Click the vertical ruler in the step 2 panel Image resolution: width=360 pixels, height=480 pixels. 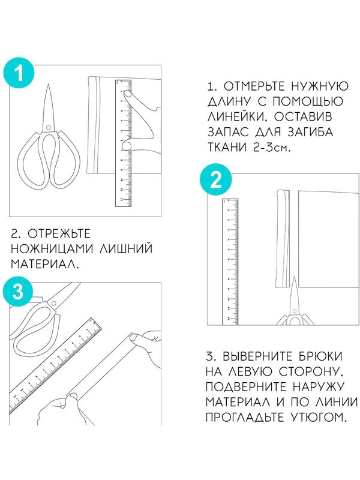230,261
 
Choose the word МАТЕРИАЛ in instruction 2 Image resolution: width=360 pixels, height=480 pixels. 43,264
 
